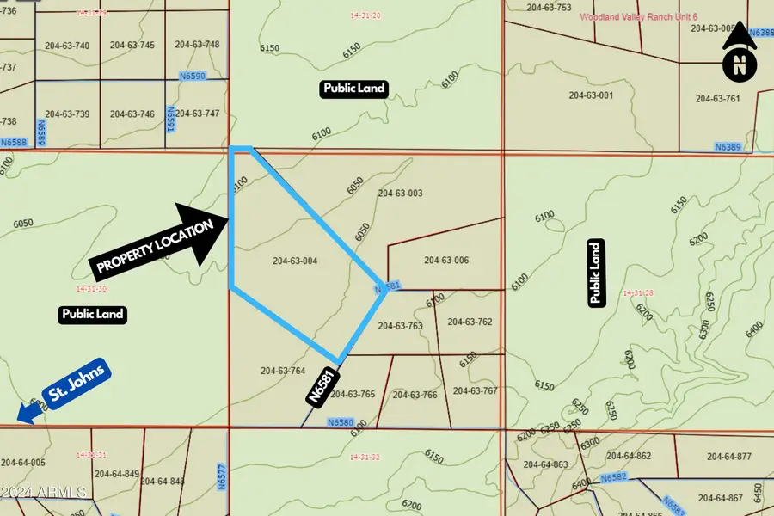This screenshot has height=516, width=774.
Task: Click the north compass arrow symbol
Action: click(x=740, y=52)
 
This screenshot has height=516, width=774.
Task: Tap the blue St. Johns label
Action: click(x=77, y=383)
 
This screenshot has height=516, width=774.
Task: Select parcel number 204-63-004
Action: click(x=295, y=261)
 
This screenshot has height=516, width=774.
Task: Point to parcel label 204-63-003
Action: click(x=400, y=193)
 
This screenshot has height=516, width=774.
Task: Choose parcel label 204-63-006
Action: click(x=446, y=260)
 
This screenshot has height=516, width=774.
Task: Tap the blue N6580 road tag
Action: click(x=341, y=422)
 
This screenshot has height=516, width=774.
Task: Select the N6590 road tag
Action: click(x=192, y=77)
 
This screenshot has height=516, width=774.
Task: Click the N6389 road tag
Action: click(x=727, y=148)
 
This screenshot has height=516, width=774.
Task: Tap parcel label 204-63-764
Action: click(x=283, y=371)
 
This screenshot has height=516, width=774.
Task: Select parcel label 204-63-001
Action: click(x=591, y=95)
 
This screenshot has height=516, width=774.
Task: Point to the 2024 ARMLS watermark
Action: click(x=43, y=493)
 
